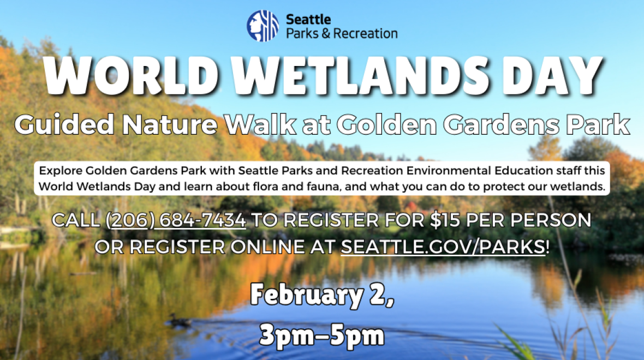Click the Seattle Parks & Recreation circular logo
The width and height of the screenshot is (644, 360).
click(x=263, y=26)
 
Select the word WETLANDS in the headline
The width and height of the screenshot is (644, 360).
click(x=359, y=76)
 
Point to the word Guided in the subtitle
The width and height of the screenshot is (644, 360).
click(x=64, y=124)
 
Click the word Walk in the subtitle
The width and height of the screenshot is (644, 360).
click(x=260, y=124)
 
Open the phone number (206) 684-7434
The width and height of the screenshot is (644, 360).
click(x=176, y=220)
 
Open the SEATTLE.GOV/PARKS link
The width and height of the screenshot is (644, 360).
click(x=443, y=247)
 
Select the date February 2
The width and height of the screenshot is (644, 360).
click(x=322, y=295)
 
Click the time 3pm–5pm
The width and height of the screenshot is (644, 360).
click(x=322, y=335)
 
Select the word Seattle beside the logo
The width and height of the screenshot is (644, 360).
click(x=308, y=19)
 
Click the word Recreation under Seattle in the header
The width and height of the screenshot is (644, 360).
click(x=365, y=33)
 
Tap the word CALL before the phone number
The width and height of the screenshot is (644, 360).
click(x=76, y=220)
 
